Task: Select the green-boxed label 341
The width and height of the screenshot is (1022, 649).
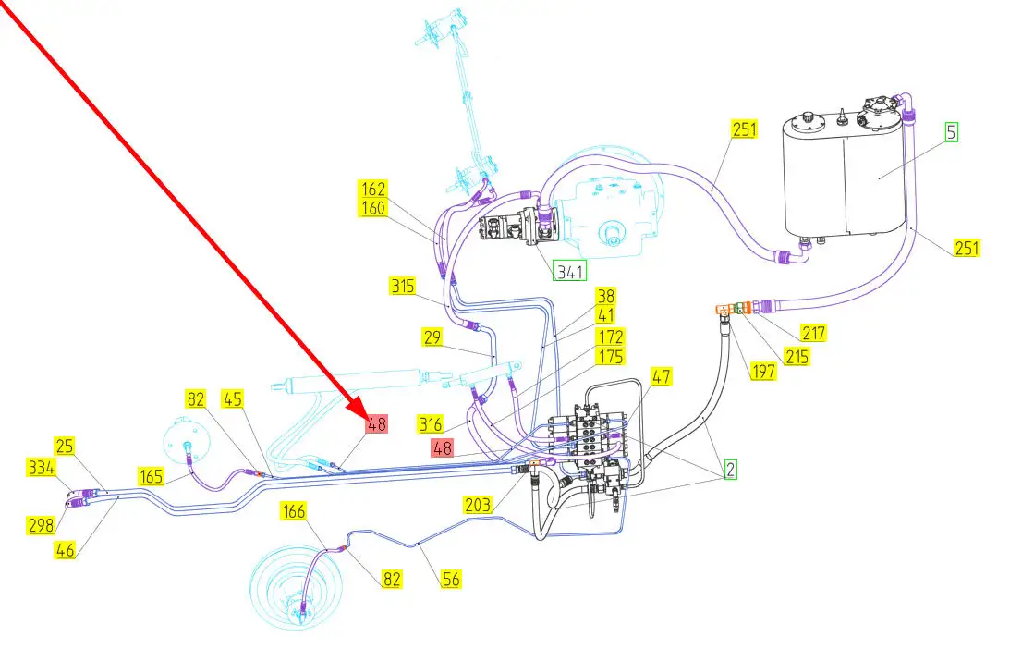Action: point(569,271)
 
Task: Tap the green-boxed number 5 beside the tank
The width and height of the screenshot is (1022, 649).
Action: point(951,131)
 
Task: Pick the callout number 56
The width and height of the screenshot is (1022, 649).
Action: point(450,580)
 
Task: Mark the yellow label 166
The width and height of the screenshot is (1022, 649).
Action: point(294,511)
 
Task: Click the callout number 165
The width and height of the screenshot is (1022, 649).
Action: point(152,477)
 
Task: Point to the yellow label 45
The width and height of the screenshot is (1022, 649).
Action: point(232,399)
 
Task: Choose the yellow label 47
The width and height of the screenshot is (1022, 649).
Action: point(661,376)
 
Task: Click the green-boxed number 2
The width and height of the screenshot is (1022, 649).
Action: point(730,469)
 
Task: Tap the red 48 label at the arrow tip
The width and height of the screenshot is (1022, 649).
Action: point(377,423)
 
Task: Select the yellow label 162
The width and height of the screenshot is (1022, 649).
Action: point(373,190)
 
